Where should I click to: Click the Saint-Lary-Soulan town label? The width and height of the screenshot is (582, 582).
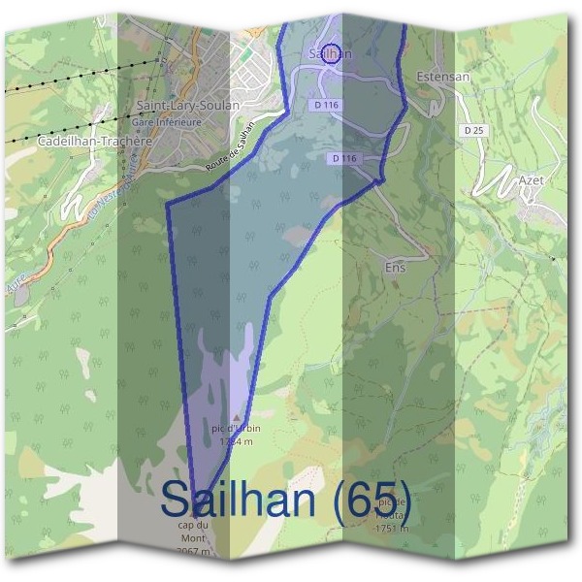(x=181, y=107)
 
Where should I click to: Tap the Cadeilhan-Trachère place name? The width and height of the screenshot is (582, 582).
(x=94, y=141)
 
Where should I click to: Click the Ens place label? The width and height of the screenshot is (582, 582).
(x=396, y=266)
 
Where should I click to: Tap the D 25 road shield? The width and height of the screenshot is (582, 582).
(x=473, y=129)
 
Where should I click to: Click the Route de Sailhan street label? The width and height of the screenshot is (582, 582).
(x=233, y=147)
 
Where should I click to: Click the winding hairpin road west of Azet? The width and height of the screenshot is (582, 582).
(x=496, y=180)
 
